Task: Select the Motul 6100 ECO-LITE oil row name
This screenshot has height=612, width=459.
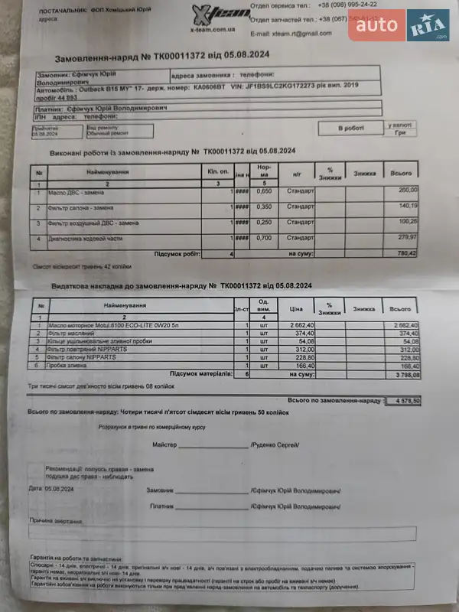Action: coord(103,325)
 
